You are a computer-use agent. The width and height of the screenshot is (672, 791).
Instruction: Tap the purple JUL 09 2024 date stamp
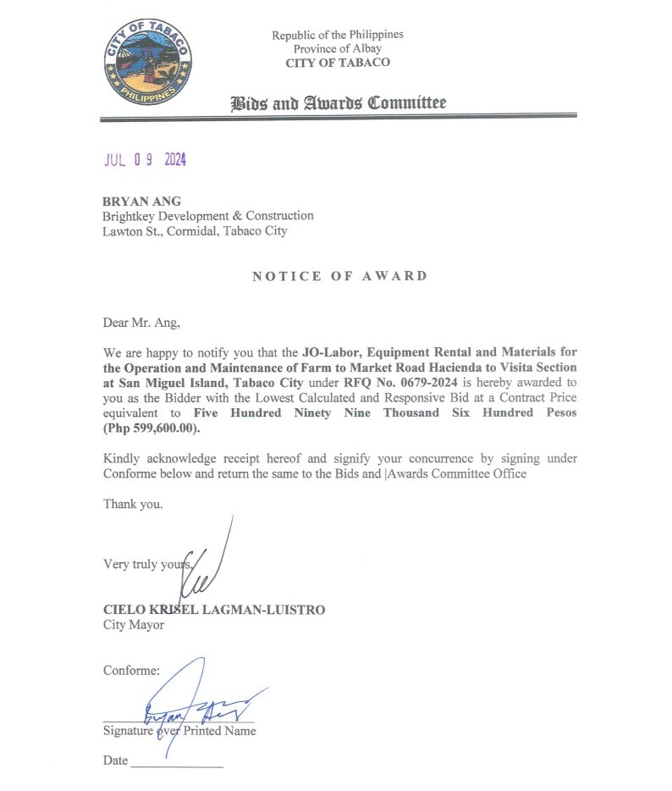click(x=145, y=160)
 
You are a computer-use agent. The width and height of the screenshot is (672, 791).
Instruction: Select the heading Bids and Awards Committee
click(x=339, y=103)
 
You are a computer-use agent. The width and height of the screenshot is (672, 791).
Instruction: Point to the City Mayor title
click(x=134, y=625)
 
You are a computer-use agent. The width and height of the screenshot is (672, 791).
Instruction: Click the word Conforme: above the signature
click(x=131, y=670)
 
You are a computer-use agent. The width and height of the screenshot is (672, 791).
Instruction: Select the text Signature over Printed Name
click(x=179, y=730)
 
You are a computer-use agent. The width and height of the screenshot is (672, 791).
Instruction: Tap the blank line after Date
click(x=177, y=762)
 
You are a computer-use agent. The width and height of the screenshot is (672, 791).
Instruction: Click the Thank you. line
click(x=133, y=504)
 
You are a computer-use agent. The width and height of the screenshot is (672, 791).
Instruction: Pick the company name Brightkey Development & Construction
click(x=208, y=216)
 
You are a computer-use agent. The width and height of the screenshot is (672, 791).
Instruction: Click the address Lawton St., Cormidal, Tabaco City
click(x=195, y=230)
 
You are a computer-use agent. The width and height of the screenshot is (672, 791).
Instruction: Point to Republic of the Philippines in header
click(x=337, y=35)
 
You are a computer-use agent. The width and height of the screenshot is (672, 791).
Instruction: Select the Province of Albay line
click(x=337, y=49)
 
